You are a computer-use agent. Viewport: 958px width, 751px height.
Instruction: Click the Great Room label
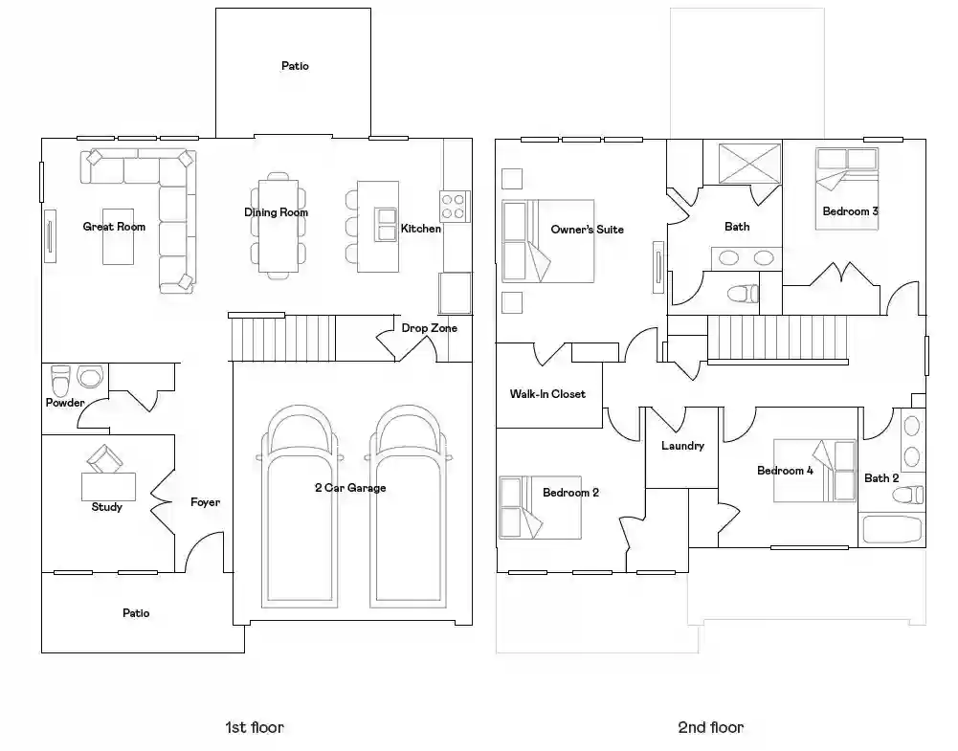[114, 227]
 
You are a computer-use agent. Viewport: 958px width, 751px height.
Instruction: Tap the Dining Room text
[277, 212]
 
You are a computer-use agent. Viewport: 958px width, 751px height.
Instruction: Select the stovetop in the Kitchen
[455, 206]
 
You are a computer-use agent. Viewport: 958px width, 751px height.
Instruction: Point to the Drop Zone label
[429, 328]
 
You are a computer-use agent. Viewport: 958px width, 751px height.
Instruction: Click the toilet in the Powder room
[60, 381]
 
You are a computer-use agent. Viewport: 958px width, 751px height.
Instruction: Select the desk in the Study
[109, 487]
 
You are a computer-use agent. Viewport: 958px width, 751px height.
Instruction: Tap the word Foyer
[205, 502]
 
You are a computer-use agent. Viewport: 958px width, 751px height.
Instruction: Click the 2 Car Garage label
[350, 488]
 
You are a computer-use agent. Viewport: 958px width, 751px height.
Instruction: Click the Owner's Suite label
[587, 230]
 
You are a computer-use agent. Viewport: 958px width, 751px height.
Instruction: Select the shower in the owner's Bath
[749, 163]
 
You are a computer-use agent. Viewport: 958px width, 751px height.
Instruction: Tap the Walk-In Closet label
[547, 394]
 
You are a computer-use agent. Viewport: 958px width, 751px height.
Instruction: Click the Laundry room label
[682, 446]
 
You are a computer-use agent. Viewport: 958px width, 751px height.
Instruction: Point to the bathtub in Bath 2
[892, 529]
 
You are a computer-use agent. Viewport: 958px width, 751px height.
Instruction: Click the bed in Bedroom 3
[847, 188]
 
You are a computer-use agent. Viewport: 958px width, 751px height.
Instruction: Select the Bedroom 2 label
[570, 493]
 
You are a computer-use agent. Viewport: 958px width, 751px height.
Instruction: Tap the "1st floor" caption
[255, 727]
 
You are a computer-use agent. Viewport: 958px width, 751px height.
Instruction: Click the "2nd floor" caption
[710, 727]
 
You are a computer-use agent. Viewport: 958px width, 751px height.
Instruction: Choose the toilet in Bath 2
[908, 495]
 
